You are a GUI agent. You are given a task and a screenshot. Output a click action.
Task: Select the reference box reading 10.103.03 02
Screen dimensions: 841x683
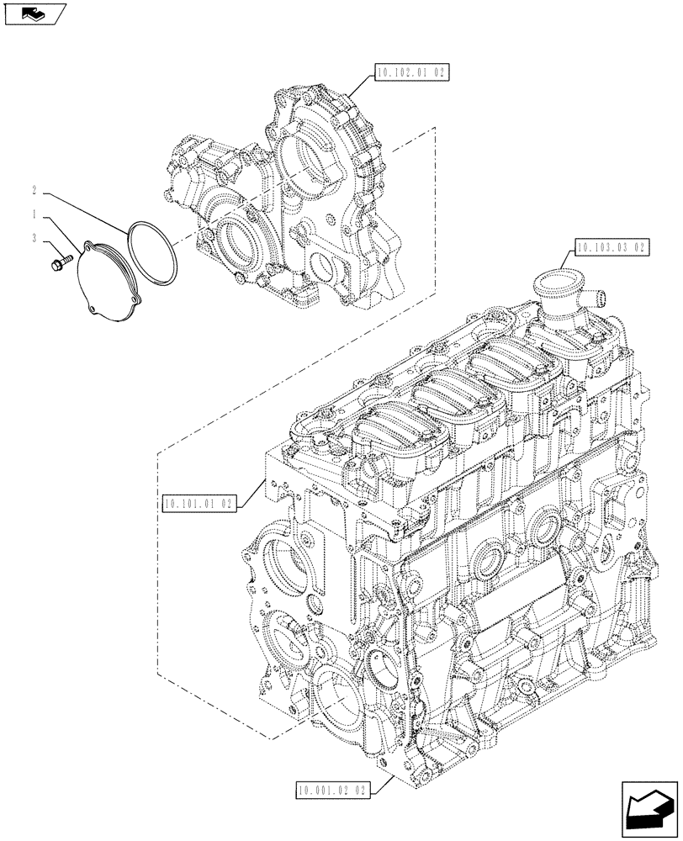[x=612, y=247]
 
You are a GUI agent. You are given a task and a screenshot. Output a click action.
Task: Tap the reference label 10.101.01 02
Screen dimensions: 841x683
[x=200, y=504]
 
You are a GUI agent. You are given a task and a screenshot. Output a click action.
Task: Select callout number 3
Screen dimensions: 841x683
[x=34, y=239]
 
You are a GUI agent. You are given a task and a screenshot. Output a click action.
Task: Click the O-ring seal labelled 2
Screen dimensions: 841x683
[x=152, y=252]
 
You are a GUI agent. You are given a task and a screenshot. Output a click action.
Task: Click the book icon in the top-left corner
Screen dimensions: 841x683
[x=34, y=13]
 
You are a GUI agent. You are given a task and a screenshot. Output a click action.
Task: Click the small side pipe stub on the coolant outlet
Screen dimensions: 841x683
[x=599, y=296]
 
